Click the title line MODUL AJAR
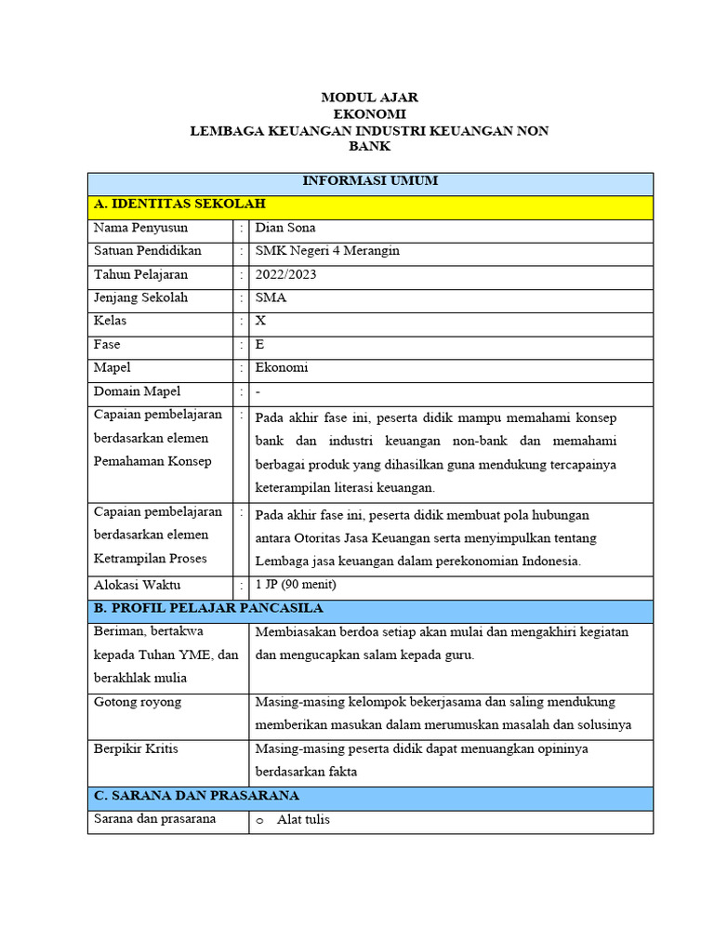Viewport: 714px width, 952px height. (369, 97)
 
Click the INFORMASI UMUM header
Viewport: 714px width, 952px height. (369, 181)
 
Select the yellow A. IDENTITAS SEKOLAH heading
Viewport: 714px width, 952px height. (179, 204)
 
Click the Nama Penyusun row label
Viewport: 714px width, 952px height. (140, 228)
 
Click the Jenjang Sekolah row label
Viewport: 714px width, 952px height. (140, 297)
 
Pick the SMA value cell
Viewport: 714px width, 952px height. (271, 297)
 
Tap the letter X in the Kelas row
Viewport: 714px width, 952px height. (261, 321)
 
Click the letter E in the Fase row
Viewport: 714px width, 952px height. (260, 344)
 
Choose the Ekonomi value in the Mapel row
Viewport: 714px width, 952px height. (282, 367)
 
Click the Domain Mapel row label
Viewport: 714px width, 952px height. (138, 391)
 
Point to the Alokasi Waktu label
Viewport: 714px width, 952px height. (138, 586)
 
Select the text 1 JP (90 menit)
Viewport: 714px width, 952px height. (296, 586)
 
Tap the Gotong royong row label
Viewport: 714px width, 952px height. (138, 702)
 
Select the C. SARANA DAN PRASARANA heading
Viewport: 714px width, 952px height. (196, 796)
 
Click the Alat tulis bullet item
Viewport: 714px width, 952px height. (303, 820)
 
